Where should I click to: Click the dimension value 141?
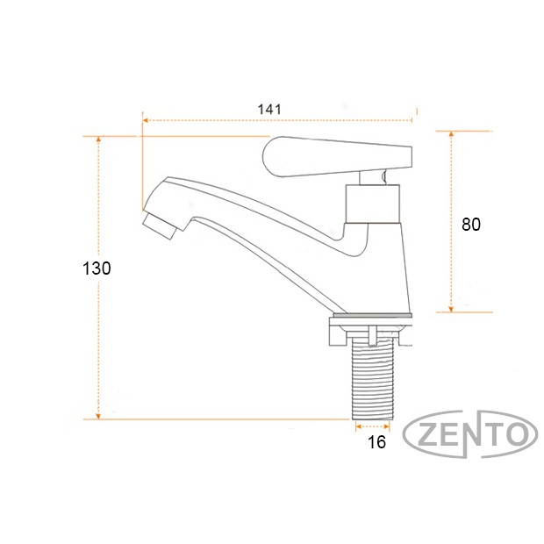(269, 110)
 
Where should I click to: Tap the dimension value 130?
(97, 268)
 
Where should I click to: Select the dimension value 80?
(471, 225)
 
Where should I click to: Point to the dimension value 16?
(376, 442)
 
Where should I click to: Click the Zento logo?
(470, 433)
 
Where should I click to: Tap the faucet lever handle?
(337, 157)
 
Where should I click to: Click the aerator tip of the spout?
(159, 225)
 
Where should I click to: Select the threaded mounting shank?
(373, 378)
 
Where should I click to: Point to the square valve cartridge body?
(373, 204)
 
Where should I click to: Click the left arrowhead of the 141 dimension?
(146, 120)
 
